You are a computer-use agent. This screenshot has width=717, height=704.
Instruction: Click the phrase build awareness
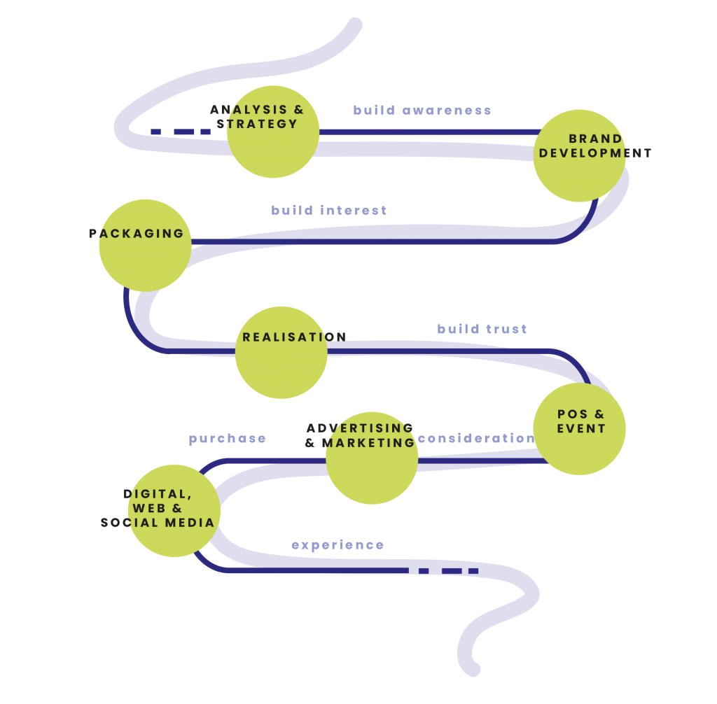click(x=422, y=111)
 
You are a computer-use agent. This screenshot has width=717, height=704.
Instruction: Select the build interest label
click(x=329, y=211)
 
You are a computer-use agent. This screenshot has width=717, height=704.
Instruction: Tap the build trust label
click(x=482, y=330)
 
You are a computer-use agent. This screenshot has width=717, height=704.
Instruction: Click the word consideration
click(x=476, y=439)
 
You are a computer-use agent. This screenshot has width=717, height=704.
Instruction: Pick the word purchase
click(x=228, y=439)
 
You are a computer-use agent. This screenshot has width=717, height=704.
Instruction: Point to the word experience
click(x=338, y=545)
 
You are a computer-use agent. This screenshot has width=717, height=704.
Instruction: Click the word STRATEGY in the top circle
click(x=258, y=125)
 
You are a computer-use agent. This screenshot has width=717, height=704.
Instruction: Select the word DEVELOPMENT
click(x=595, y=153)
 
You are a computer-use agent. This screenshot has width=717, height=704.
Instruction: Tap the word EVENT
click(x=581, y=429)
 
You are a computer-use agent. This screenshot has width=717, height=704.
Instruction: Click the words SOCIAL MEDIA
click(x=158, y=523)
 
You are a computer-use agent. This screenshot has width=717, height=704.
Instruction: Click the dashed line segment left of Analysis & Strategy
click(x=181, y=132)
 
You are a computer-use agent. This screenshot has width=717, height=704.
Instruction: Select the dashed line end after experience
click(x=449, y=571)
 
